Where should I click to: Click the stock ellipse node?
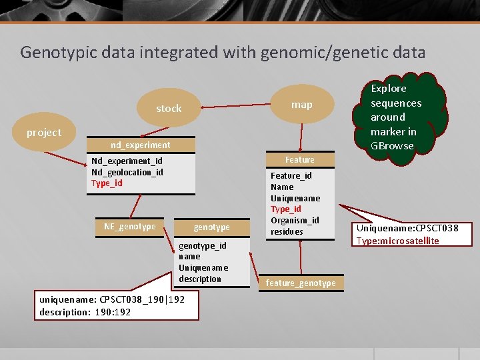[169, 108]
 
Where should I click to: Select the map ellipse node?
[301, 105]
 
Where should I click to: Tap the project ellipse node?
[44, 133]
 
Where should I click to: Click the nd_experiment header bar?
[140, 145]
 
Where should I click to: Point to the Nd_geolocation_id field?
[127, 172]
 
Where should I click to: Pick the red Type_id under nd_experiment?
[107, 183]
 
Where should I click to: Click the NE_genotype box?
[129, 227]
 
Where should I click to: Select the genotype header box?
[211, 227]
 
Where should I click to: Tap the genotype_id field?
[202, 245]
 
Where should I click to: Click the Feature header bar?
[299, 160]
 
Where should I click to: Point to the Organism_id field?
[294, 221]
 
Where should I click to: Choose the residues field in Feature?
[287, 232]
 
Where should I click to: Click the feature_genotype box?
[301, 283]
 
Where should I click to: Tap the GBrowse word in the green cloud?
[392, 146]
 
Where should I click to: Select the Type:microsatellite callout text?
[397, 241]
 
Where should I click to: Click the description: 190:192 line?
[85, 312]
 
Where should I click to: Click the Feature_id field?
[291, 176]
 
